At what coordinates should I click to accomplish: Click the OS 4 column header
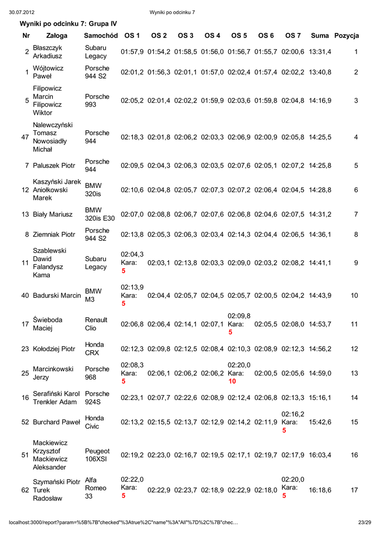click(x=212, y=36)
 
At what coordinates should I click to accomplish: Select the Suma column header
click(x=319, y=36)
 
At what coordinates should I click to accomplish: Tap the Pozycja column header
click(x=347, y=36)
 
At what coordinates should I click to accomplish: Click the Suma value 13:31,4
click(x=320, y=52)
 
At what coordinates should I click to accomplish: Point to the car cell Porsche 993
click(x=97, y=100)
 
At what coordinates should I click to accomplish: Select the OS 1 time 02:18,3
click(x=132, y=137)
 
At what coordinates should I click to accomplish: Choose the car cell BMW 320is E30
click(x=99, y=214)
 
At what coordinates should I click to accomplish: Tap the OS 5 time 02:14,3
click(x=239, y=234)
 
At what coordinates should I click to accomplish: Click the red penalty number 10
click(x=232, y=382)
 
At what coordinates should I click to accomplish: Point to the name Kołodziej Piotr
click(x=54, y=349)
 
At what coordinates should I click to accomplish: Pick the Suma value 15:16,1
click(x=320, y=398)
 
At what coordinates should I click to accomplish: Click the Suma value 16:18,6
click(x=320, y=490)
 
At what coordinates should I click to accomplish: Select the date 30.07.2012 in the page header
click(x=22, y=12)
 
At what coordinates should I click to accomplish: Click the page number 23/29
click(x=364, y=522)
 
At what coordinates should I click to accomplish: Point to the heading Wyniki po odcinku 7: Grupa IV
click(x=68, y=24)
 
